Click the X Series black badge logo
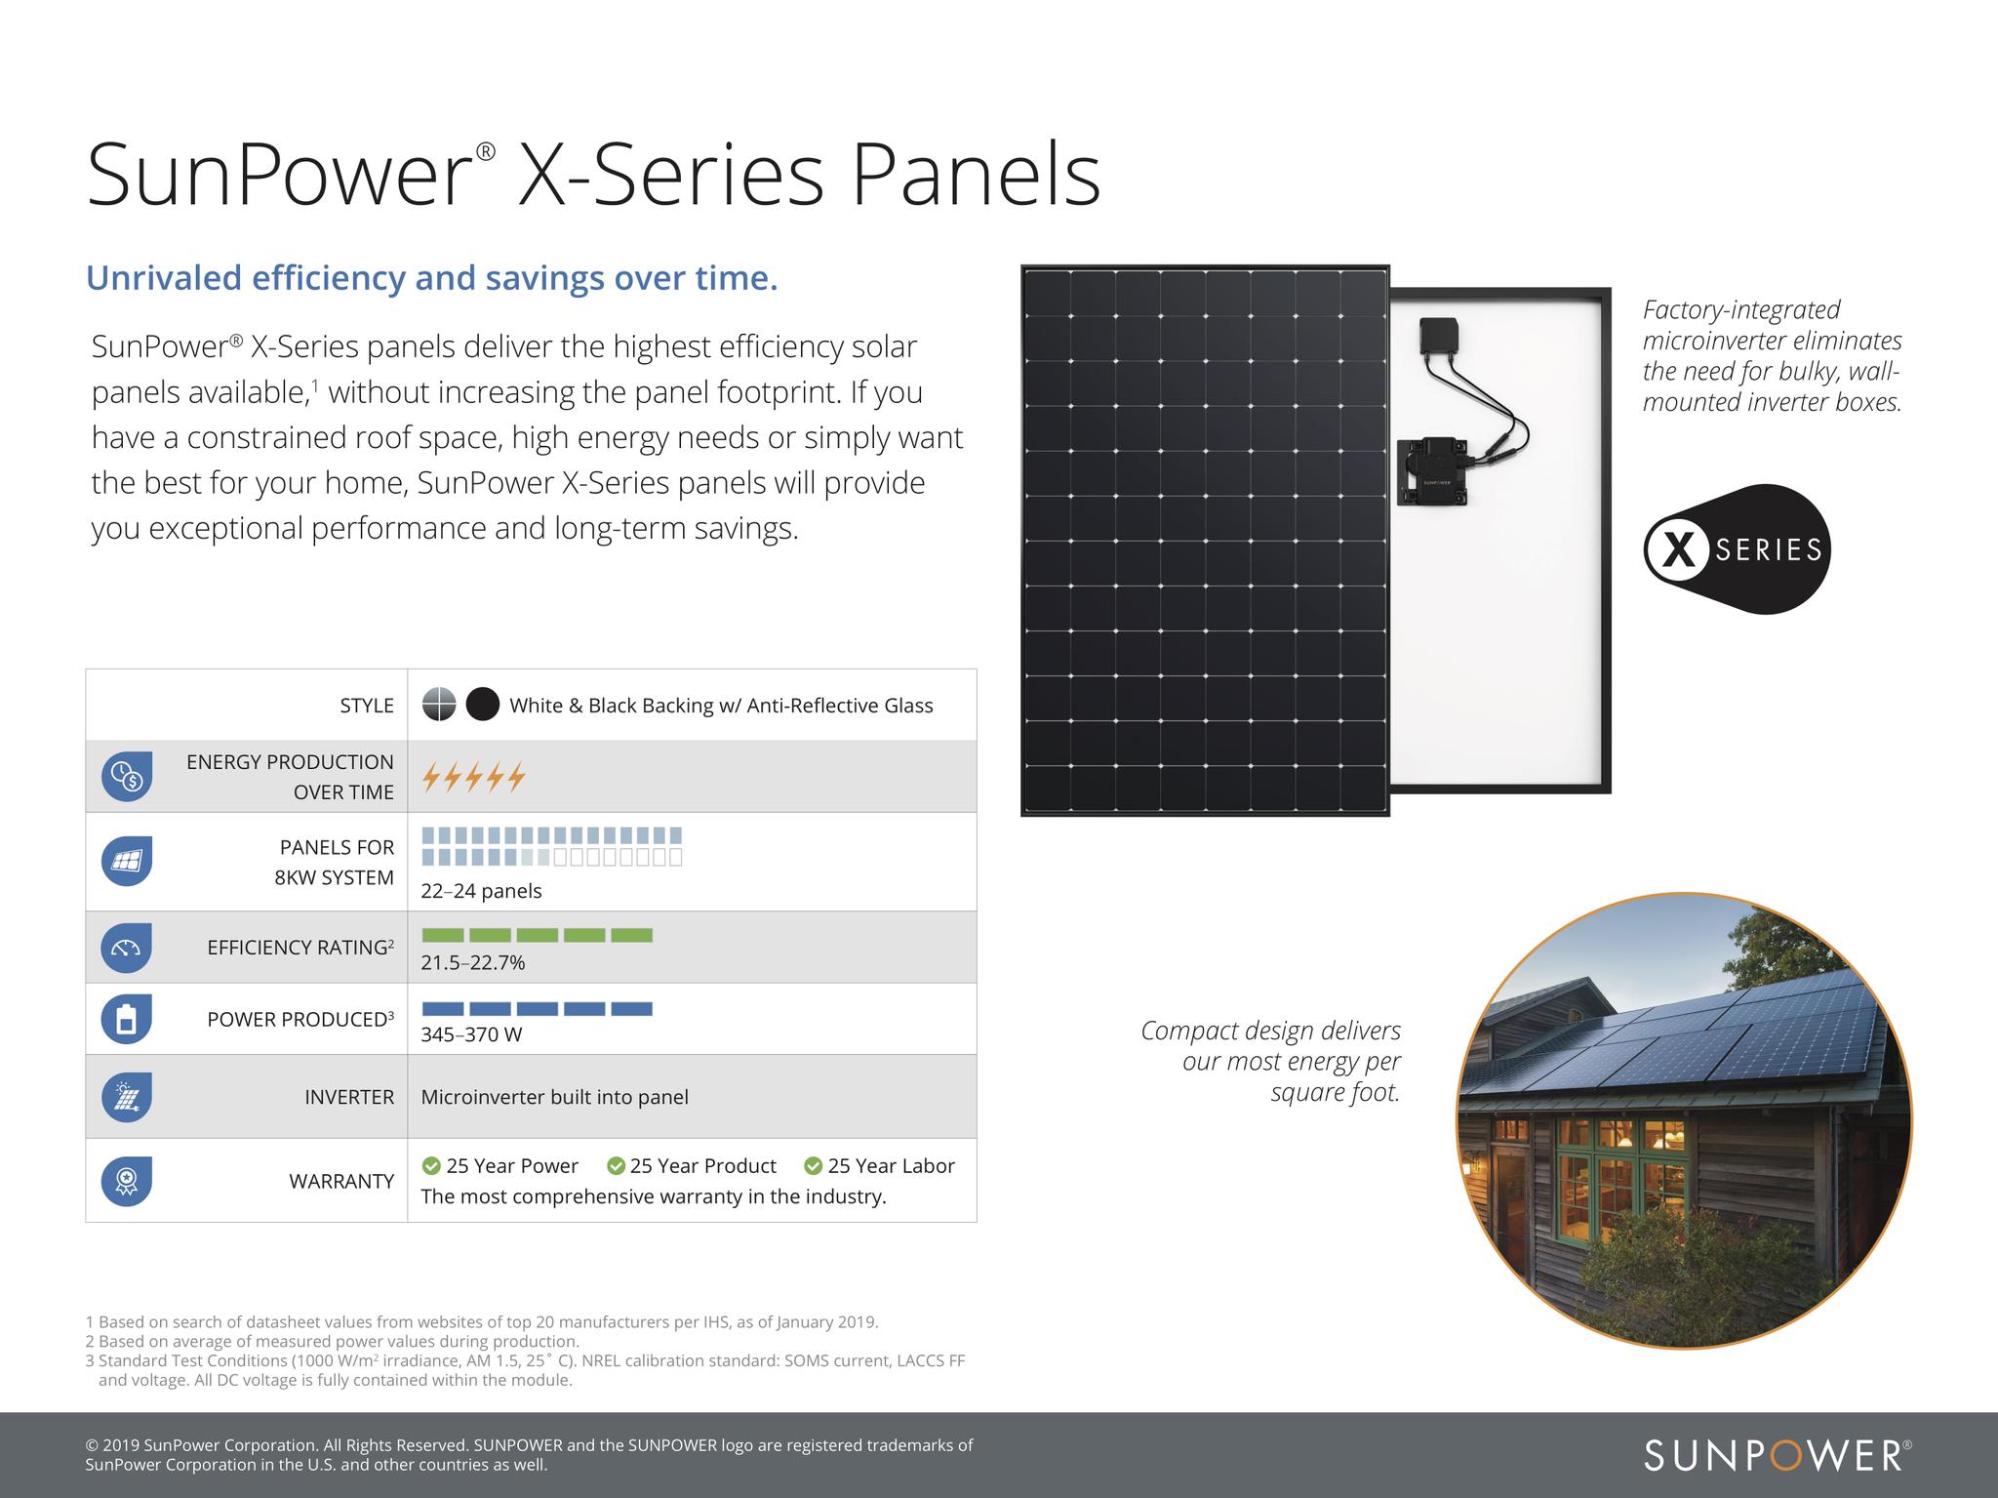coord(1738,549)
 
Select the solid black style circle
coord(483,705)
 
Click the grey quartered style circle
coord(439,705)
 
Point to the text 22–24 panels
coord(481,891)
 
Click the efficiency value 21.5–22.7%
coord(473,963)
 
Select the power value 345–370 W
coord(471,1034)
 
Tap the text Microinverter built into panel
coord(554,1097)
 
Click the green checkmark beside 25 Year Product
coord(616,1166)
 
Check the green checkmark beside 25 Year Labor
coord(813,1166)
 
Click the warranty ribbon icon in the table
coord(127,1181)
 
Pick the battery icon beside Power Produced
coord(127,1019)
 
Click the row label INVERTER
coord(349,1097)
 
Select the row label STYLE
coord(367,706)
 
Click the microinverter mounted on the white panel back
coord(1431,472)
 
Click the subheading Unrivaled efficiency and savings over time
coord(432,278)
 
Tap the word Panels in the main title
coord(976,176)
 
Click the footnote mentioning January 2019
coord(482,1322)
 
